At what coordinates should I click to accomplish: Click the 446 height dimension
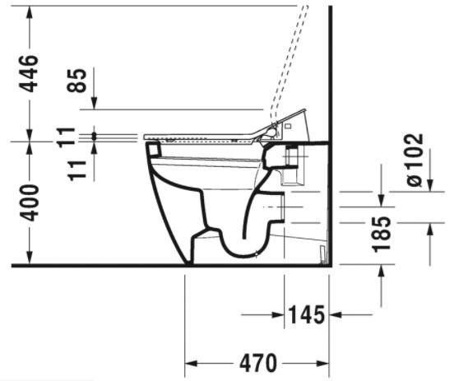[x=30, y=73]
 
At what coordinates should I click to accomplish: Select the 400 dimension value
[x=30, y=202]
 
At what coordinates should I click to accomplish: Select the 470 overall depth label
[x=257, y=363]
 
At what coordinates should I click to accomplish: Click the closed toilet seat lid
[x=206, y=134]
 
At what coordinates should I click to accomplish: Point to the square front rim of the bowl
[x=152, y=150]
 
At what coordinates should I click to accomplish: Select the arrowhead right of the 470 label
[x=322, y=363]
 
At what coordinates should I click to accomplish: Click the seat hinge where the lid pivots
[x=274, y=128]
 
